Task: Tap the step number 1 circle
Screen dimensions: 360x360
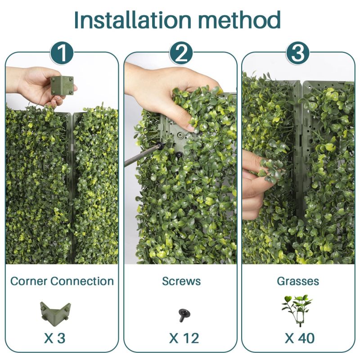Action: pyautogui.click(x=62, y=54)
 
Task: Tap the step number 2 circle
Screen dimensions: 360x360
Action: pyautogui.click(x=180, y=54)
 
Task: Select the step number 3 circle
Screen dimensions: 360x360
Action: pyautogui.click(x=298, y=54)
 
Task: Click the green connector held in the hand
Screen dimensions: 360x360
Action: pyautogui.click(x=62, y=85)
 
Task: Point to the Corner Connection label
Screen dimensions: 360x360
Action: pyautogui.click(x=62, y=281)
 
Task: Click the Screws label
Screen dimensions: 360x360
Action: pyautogui.click(x=180, y=281)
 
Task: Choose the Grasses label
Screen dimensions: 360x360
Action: pyautogui.click(x=298, y=281)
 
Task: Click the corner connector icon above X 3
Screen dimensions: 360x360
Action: pyautogui.click(x=55, y=310)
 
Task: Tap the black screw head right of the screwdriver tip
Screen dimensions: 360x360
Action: pyautogui.click(x=179, y=155)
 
